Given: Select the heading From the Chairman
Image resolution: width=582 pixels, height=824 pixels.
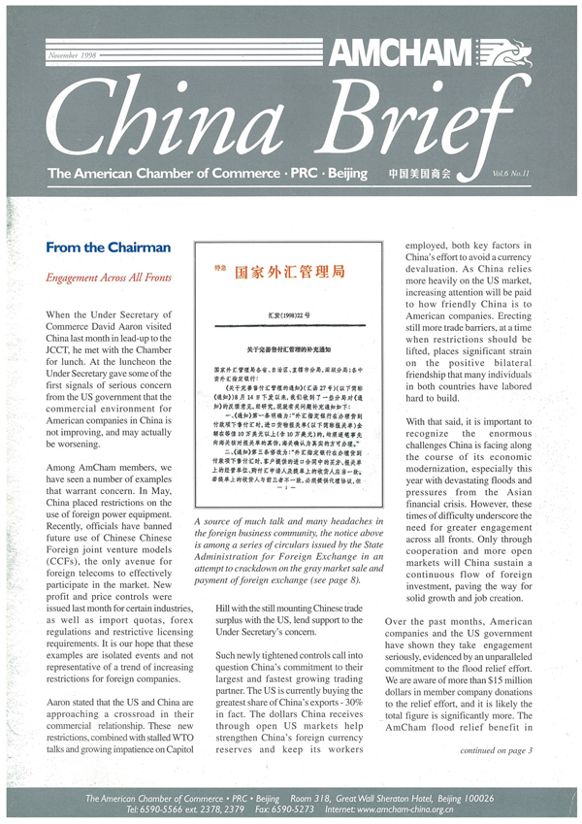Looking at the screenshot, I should click(x=108, y=247).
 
